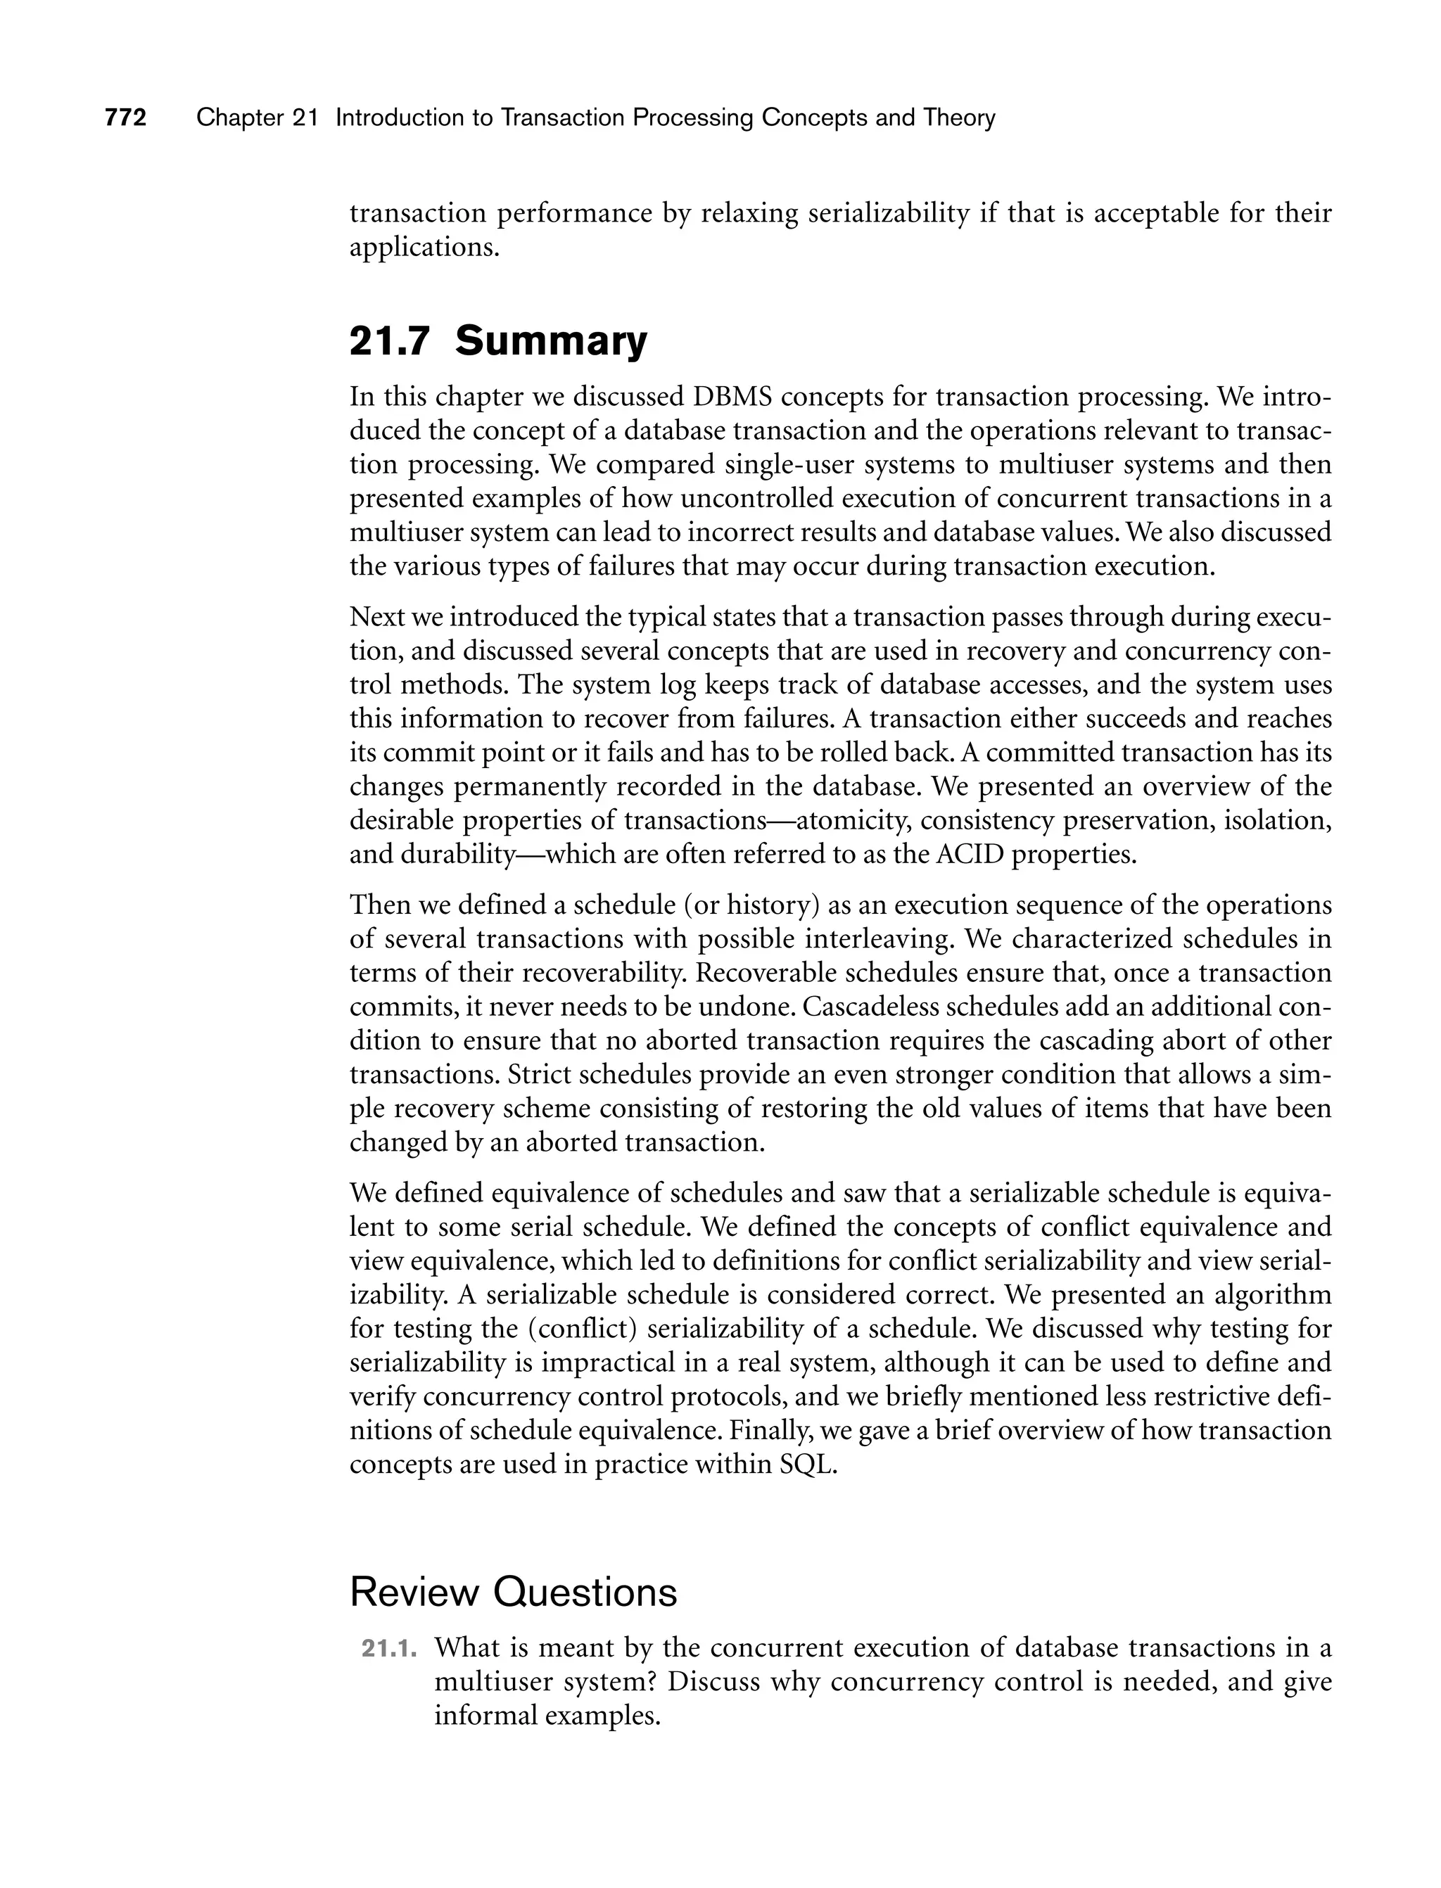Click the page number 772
tap(125, 117)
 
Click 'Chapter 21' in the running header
tap(256, 117)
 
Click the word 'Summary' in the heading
tap(551, 341)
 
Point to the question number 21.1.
tap(388, 1649)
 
